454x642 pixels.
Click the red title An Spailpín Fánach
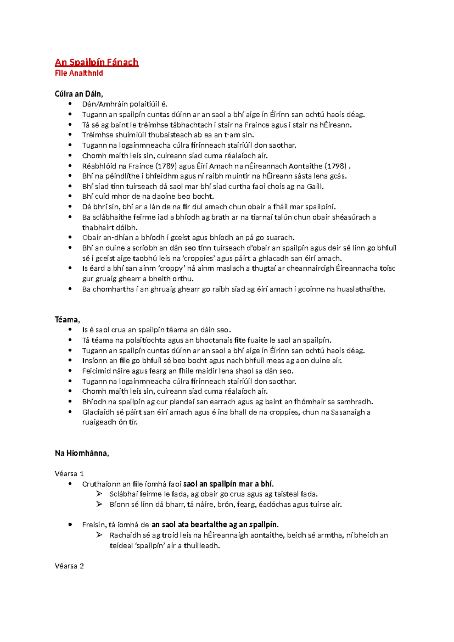click(x=96, y=62)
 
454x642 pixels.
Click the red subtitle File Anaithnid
click(x=79, y=73)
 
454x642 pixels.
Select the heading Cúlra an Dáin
click(x=78, y=94)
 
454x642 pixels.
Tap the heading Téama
click(x=67, y=319)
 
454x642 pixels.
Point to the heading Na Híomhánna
click(x=81, y=453)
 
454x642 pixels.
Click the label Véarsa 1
click(x=69, y=474)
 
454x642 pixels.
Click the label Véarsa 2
click(x=69, y=566)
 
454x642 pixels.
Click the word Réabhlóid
click(x=99, y=166)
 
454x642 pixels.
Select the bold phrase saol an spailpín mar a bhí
click(x=228, y=484)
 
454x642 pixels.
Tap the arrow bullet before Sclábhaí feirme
click(x=100, y=494)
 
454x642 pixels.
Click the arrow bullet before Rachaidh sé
click(x=100, y=535)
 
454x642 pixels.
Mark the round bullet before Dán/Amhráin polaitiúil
click(x=70, y=104)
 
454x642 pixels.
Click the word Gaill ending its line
click(x=314, y=186)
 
